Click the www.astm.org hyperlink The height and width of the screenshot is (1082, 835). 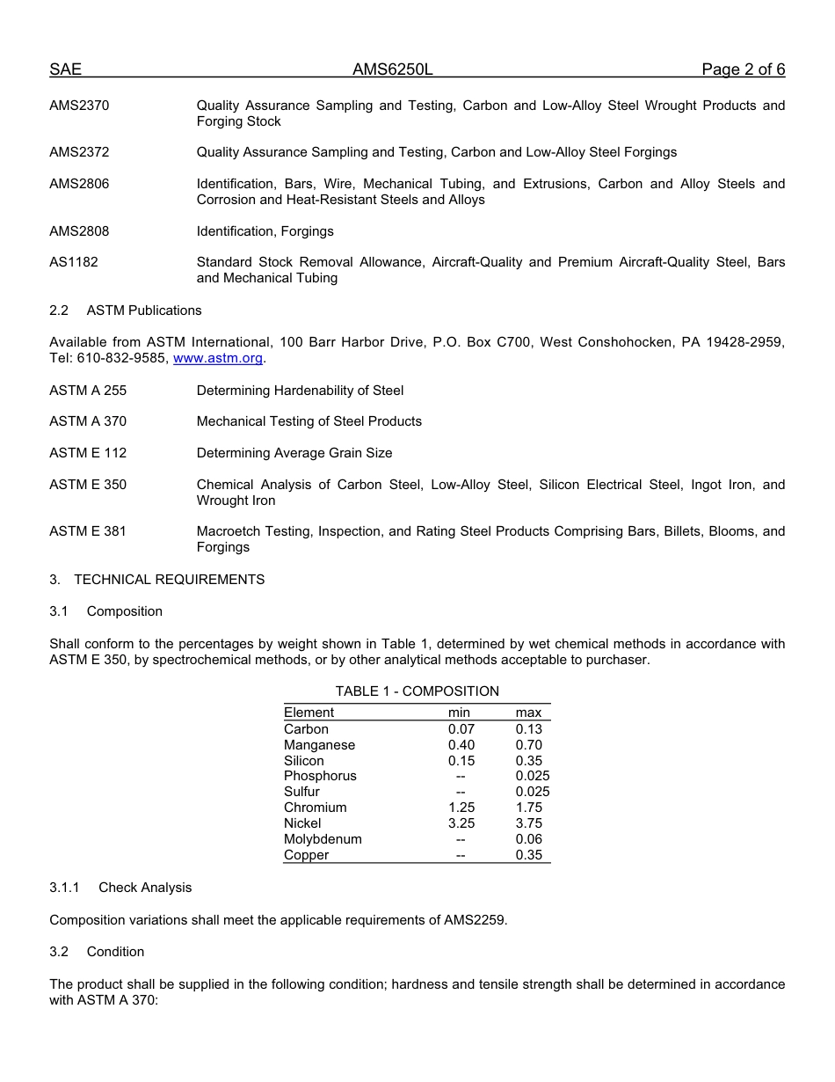point(218,358)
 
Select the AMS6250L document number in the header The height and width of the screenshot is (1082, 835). point(393,69)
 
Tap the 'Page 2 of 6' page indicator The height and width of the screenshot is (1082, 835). point(743,69)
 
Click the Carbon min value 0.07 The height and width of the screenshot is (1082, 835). point(461,729)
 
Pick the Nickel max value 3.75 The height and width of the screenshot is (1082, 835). point(529,823)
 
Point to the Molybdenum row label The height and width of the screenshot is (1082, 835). point(323,839)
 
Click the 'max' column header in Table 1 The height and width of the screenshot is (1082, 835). point(529,713)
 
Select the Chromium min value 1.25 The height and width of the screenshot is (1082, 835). point(461,808)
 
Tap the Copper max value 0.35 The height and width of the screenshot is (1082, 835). point(529,855)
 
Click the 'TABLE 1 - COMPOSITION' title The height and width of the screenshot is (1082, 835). point(417,691)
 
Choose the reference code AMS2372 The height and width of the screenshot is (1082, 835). point(79,152)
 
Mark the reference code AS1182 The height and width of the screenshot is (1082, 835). point(74,262)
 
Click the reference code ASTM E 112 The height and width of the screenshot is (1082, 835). point(88,453)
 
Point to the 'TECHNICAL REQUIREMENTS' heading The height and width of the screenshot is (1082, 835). point(169,580)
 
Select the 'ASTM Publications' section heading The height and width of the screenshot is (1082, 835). point(144,311)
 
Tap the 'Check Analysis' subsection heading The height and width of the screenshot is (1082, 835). point(145,888)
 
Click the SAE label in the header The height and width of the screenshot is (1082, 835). point(65,69)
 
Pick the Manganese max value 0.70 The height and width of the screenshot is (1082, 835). point(529,745)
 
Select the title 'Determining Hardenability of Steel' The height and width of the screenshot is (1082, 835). point(300,391)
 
